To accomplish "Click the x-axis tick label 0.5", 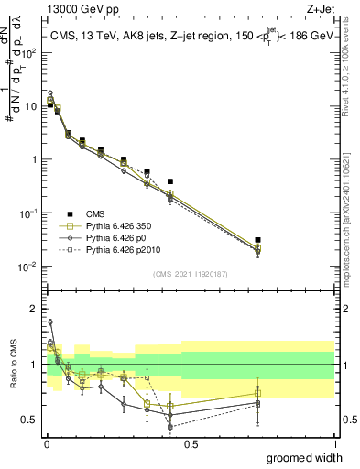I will (191, 443).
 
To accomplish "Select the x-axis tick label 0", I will (46, 443).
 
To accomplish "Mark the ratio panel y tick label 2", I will (33, 309).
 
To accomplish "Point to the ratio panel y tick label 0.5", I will (28, 420).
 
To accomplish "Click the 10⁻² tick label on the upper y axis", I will (28, 267).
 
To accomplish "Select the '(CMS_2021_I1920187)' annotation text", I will (190, 273).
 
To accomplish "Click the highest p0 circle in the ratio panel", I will (50, 322).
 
